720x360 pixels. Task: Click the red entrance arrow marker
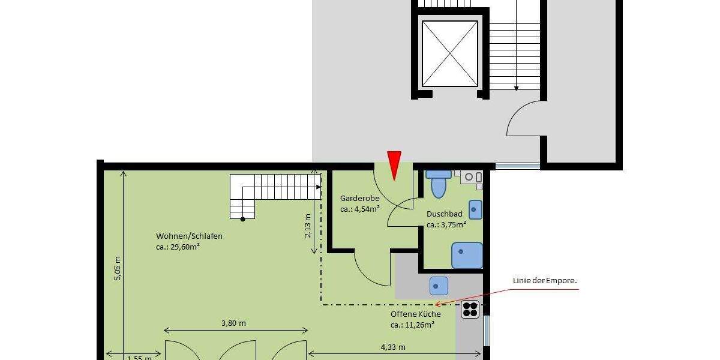pyautogui.click(x=394, y=164)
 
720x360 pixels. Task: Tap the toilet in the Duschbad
pyautogui.click(x=439, y=183)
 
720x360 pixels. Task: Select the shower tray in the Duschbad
pyautogui.click(x=467, y=255)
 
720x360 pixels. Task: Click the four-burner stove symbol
pyautogui.click(x=470, y=309)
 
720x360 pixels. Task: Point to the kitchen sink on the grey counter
pyautogui.click(x=439, y=286)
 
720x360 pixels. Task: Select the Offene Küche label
pyautogui.click(x=415, y=314)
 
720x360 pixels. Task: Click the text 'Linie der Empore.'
pyautogui.click(x=545, y=280)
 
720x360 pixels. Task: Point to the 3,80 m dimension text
pyautogui.click(x=233, y=323)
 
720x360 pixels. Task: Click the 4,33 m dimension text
pyautogui.click(x=393, y=347)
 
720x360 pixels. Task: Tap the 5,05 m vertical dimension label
pyautogui.click(x=118, y=268)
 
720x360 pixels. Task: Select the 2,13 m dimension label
pyautogui.click(x=308, y=226)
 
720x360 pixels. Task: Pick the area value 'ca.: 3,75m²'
pyautogui.click(x=446, y=225)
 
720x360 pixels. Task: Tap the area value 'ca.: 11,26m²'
pyautogui.click(x=412, y=325)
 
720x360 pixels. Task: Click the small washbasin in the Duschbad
pyautogui.click(x=475, y=209)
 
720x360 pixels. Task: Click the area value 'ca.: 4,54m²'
pyautogui.click(x=360, y=209)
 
